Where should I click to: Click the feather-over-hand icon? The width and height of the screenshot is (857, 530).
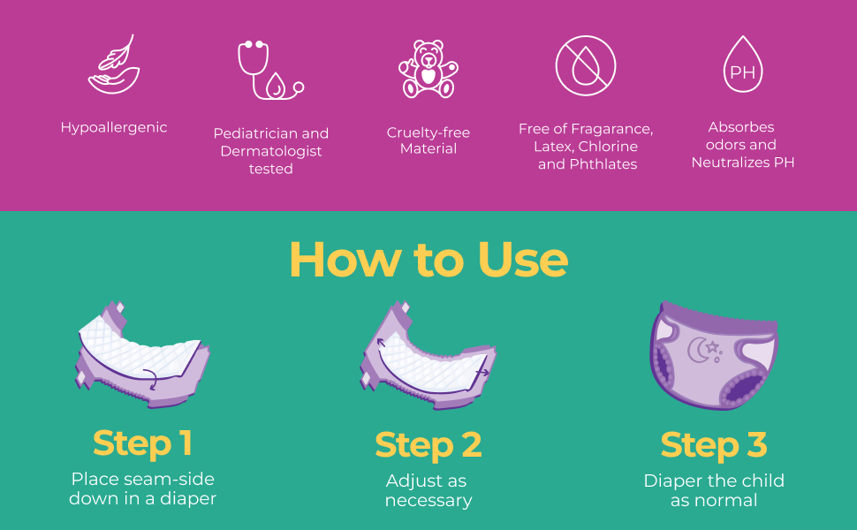(x=114, y=64)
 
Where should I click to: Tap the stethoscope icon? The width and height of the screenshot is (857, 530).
(x=270, y=70)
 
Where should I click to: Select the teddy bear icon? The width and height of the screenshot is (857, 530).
(x=428, y=69)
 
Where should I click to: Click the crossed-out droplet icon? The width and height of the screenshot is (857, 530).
(x=586, y=65)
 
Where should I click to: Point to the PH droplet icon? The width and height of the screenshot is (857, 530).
(x=743, y=64)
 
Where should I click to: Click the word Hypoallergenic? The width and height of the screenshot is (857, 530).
(x=114, y=128)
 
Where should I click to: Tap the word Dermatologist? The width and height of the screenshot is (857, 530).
(x=271, y=151)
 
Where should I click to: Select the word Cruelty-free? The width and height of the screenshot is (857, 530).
(x=428, y=132)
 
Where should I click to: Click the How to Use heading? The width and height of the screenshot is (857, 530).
(x=428, y=260)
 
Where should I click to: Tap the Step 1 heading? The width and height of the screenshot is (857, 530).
(x=142, y=443)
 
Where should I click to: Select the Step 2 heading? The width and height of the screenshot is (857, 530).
(x=428, y=445)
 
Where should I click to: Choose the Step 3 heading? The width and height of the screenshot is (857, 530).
(x=714, y=445)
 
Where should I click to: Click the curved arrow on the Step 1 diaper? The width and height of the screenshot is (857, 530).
(x=152, y=378)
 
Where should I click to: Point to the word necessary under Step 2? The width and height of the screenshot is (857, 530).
(x=428, y=501)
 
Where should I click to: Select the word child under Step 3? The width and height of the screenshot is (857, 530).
(x=762, y=481)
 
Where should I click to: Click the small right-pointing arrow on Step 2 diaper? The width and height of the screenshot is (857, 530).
(x=482, y=373)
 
